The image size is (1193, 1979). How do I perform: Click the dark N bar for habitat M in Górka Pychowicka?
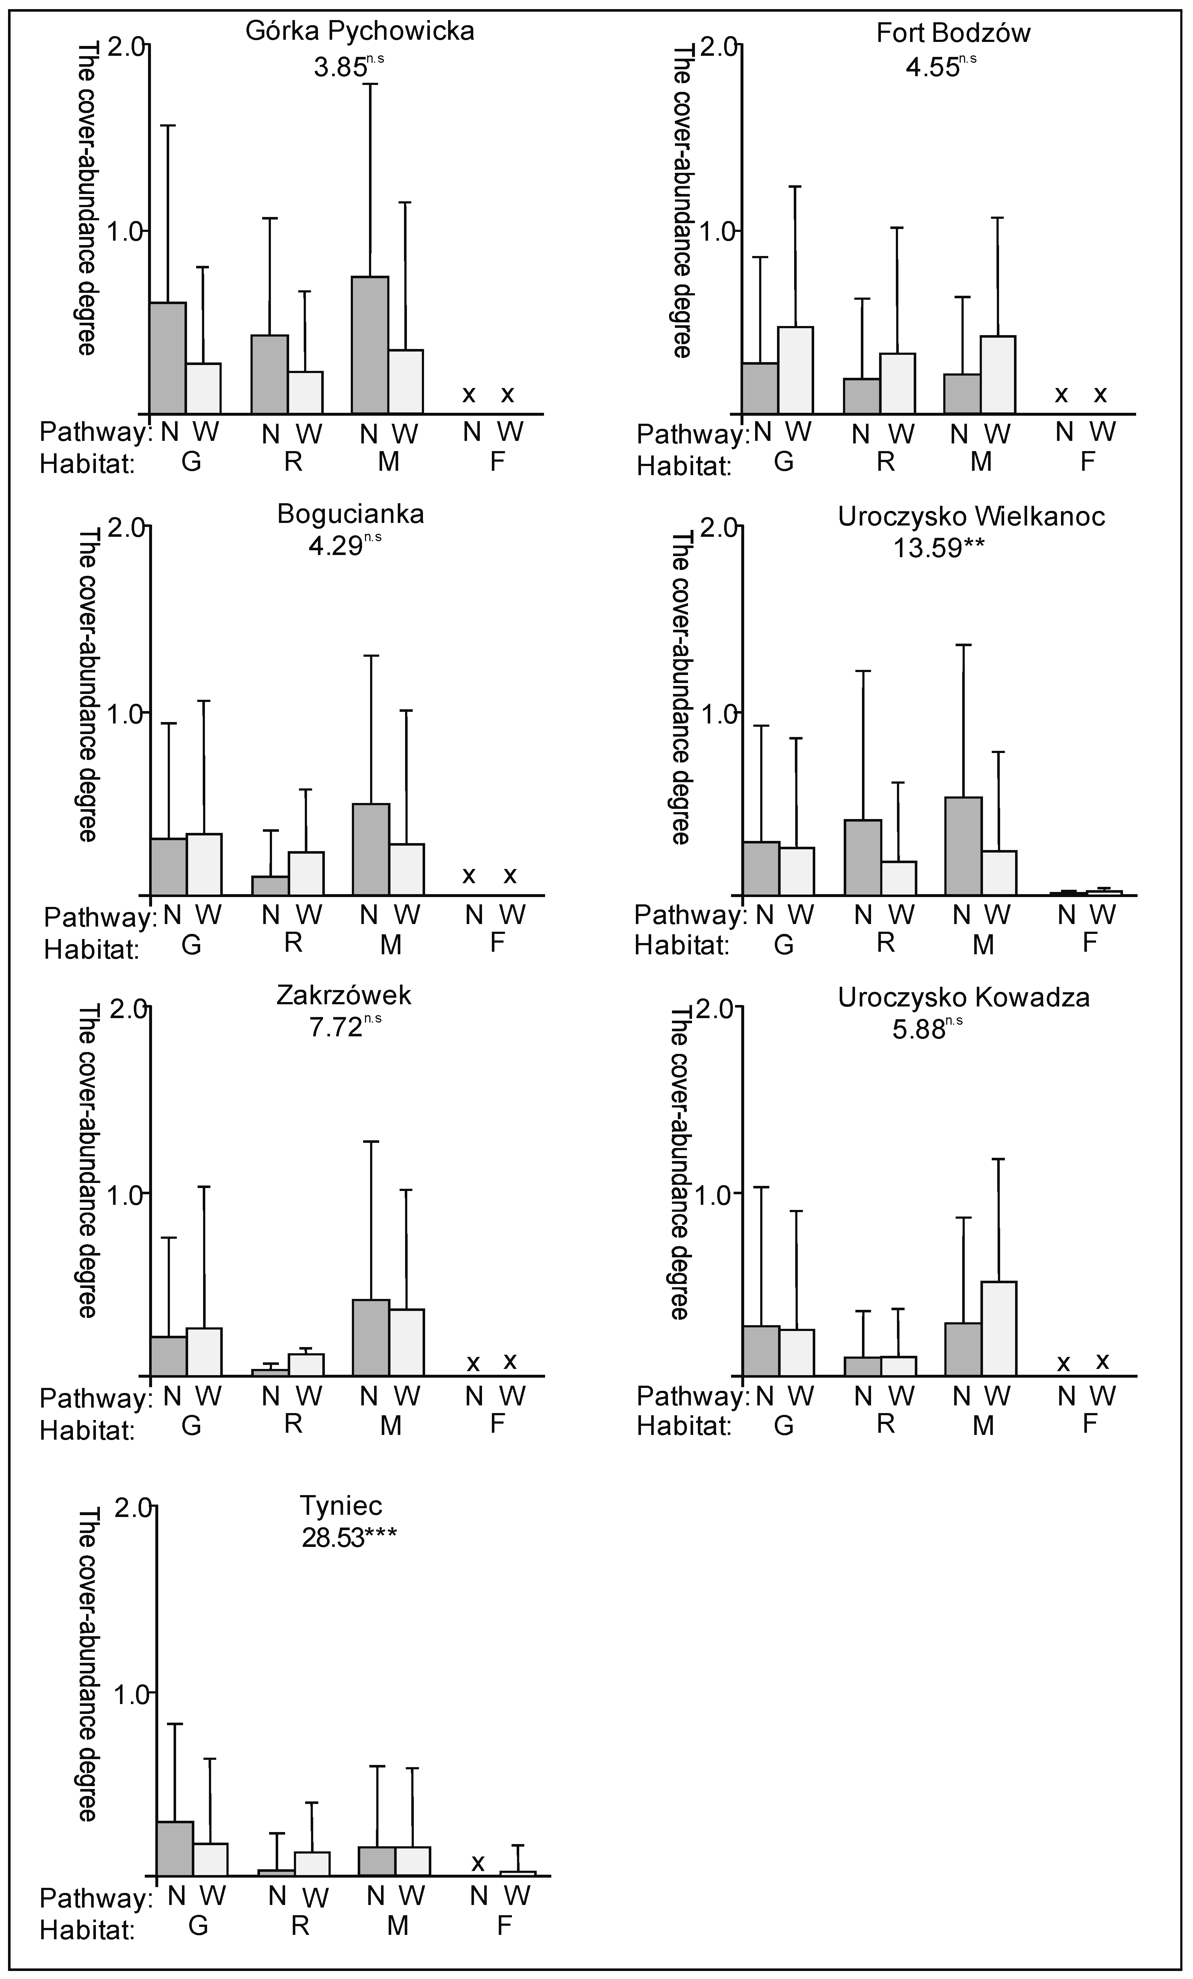pos(370,345)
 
